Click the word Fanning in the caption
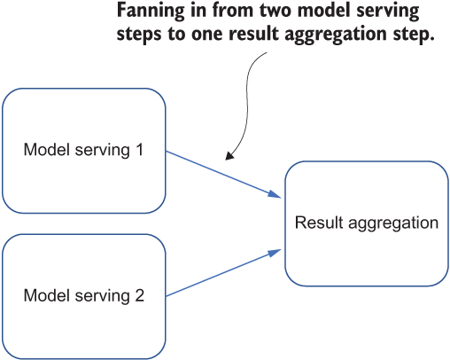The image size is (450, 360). click(150, 12)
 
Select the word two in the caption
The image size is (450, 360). click(275, 11)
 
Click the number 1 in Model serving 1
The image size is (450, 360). click(140, 150)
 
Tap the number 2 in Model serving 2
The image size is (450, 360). click(140, 295)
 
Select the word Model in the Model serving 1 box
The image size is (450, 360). click(47, 150)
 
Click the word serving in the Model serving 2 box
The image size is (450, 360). click(102, 296)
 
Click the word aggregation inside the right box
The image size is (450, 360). click(393, 223)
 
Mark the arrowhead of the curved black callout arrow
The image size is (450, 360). click(229, 155)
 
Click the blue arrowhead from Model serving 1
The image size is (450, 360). click(275, 194)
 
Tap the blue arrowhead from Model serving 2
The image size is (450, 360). click(275, 254)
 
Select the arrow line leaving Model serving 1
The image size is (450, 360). click(223, 175)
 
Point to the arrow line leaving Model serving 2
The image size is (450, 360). click(223, 272)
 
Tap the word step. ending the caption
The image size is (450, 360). click(414, 35)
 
